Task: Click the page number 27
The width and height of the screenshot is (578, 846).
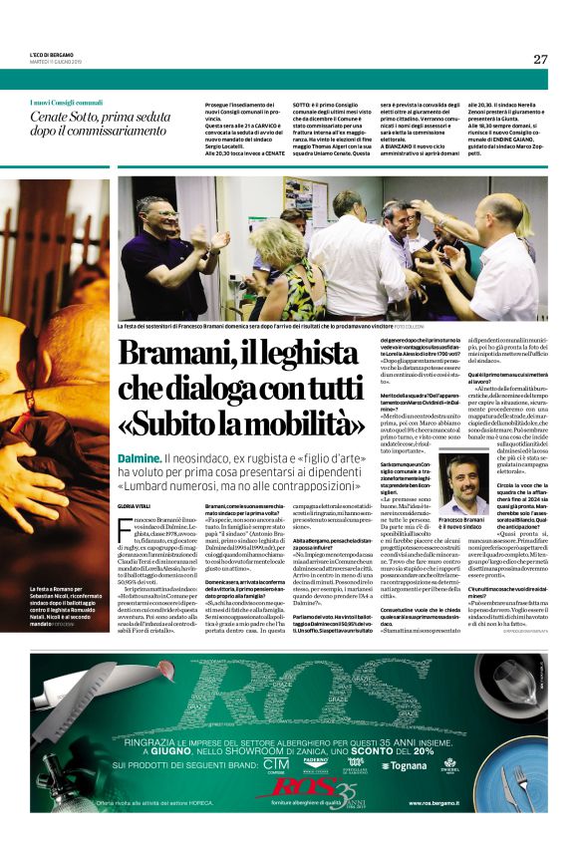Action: click(x=539, y=59)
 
